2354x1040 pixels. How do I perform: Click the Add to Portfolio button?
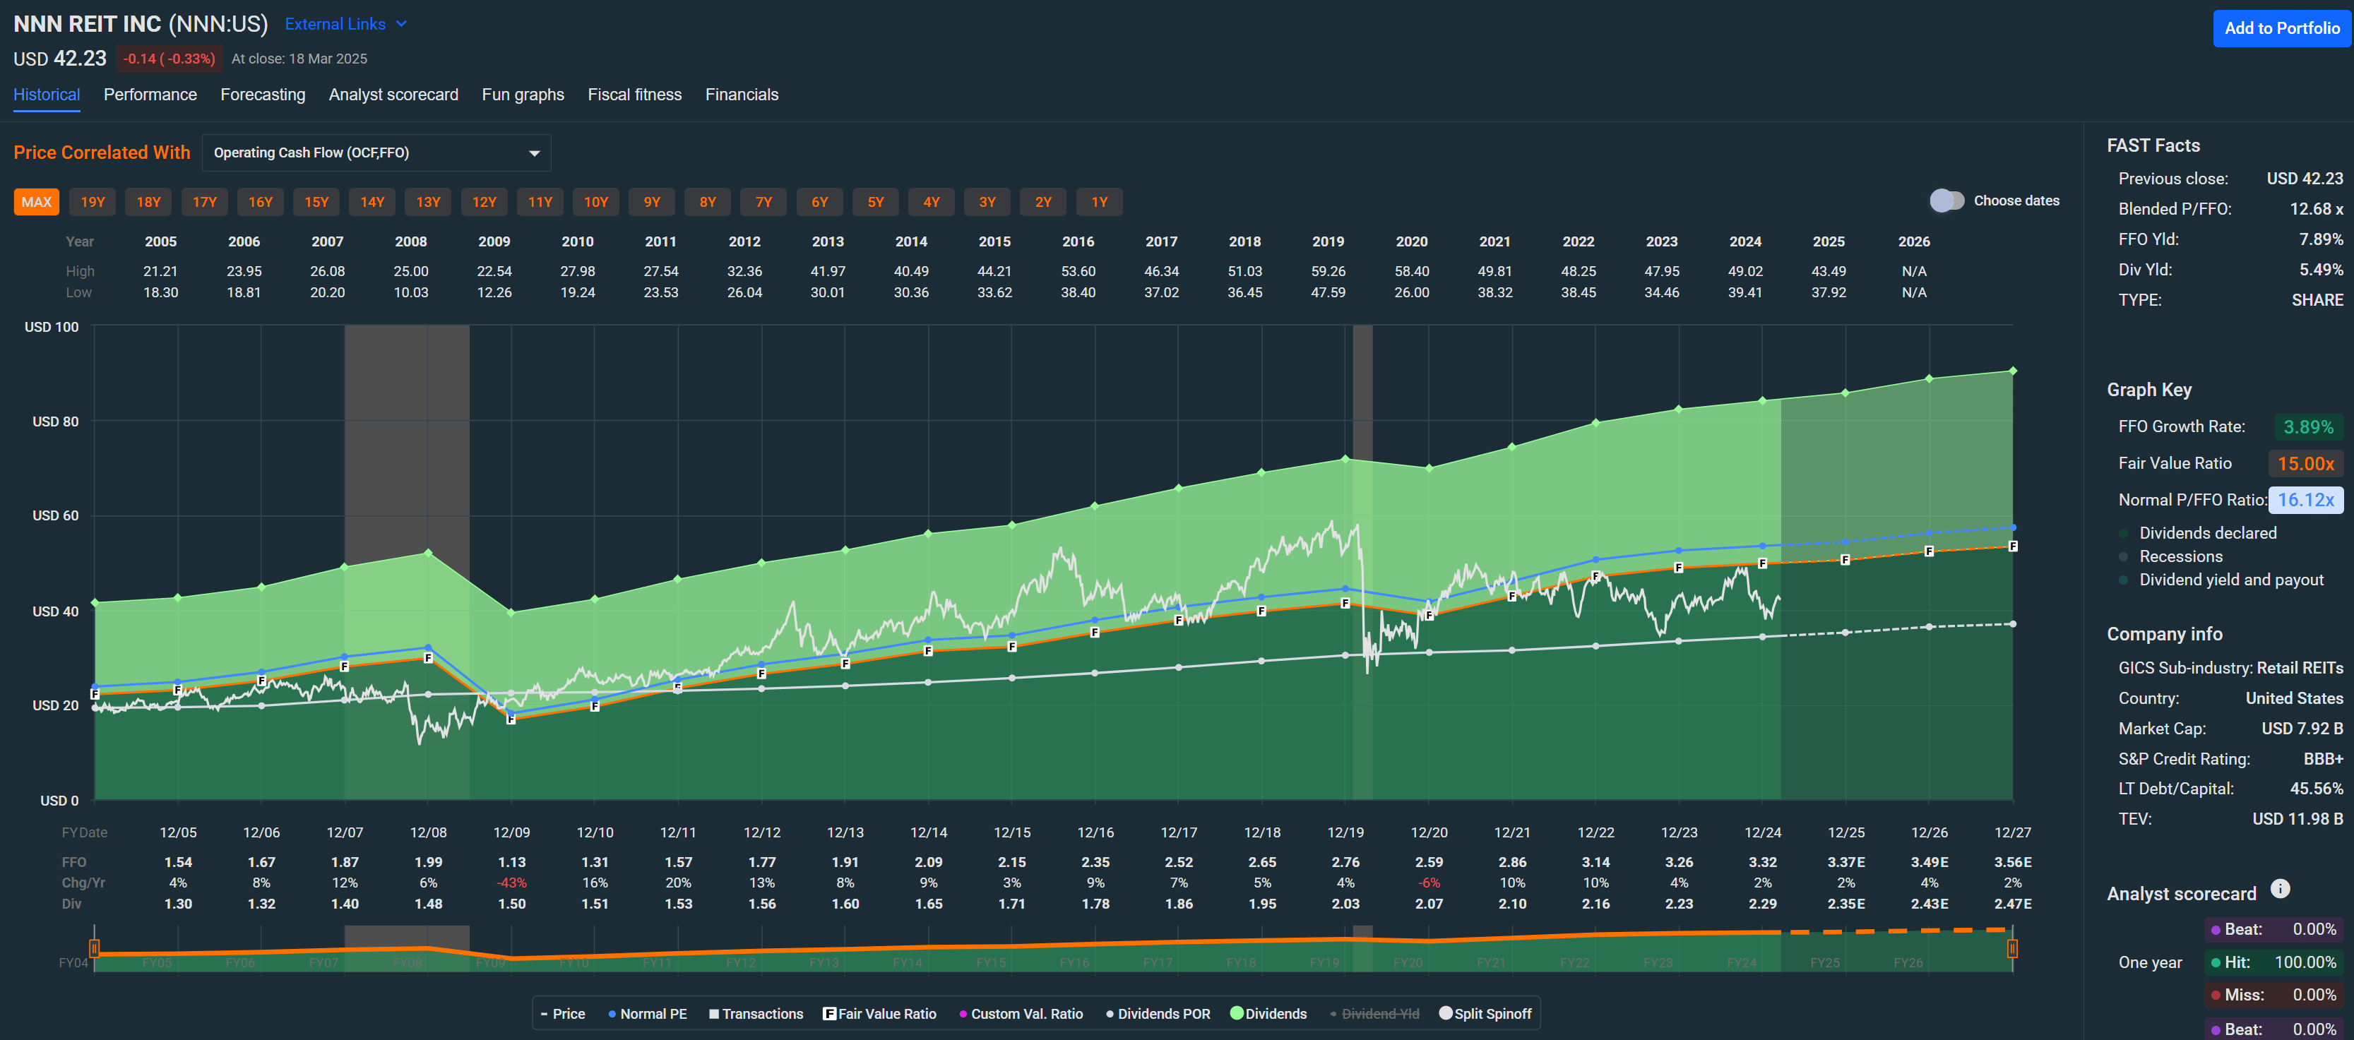click(x=2281, y=28)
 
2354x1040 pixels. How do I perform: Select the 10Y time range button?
click(x=596, y=202)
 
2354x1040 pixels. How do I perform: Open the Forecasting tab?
click(x=262, y=95)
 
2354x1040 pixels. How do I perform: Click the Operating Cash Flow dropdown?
click(x=376, y=153)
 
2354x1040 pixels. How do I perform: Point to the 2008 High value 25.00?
click(x=410, y=271)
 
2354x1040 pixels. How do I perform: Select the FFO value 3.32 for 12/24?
click(x=1762, y=862)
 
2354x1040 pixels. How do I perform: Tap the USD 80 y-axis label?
click(x=55, y=422)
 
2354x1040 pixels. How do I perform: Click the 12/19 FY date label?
click(x=1345, y=832)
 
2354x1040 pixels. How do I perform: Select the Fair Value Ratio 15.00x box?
click(x=2305, y=463)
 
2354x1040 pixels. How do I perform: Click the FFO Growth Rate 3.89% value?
click(x=2307, y=426)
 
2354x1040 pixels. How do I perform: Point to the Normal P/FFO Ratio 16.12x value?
click(x=2305, y=500)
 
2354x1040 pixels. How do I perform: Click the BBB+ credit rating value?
click(x=2322, y=758)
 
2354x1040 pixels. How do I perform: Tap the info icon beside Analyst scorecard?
click(x=2280, y=888)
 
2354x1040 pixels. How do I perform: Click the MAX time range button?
click(x=37, y=202)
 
